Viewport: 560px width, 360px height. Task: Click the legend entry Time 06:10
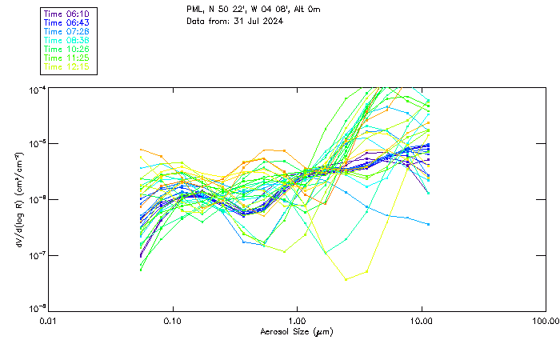click(66, 14)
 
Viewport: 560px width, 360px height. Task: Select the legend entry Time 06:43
click(66, 22)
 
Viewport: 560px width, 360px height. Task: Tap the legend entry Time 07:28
click(66, 31)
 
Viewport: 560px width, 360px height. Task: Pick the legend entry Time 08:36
click(66, 40)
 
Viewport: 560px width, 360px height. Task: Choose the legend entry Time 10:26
click(66, 49)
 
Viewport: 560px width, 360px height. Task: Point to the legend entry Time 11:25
click(66, 58)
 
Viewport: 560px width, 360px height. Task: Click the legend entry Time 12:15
click(66, 66)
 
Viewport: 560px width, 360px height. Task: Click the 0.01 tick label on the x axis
click(49, 322)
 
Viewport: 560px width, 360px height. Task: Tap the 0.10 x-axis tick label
click(173, 322)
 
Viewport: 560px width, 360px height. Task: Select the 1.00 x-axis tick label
click(298, 322)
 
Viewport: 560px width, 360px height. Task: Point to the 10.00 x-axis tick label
click(422, 322)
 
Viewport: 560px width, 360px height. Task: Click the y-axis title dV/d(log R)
click(19, 198)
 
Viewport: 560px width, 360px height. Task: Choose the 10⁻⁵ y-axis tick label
click(36, 143)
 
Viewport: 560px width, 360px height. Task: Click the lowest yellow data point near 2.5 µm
click(346, 279)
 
